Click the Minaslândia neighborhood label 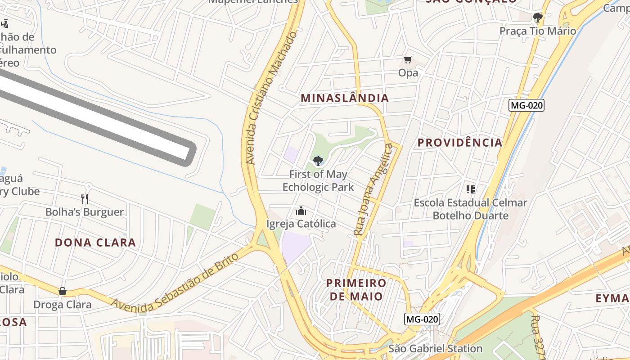[344, 98]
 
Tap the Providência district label [459, 143]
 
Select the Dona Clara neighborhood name [95, 243]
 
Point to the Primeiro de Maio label [356, 289]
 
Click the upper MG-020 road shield [526, 106]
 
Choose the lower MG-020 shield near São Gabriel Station [422, 319]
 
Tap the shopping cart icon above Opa [408, 60]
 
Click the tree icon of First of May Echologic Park [318, 161]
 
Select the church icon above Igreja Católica [301, 211]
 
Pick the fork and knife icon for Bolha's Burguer [85, 198]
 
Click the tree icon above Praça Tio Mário [537, 18]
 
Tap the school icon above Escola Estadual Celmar [471, 189]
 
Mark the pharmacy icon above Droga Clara [63, 291]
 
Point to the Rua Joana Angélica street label [373, 189]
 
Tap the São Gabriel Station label [435, 348]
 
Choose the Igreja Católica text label [301, 224]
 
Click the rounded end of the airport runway [191, 154]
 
